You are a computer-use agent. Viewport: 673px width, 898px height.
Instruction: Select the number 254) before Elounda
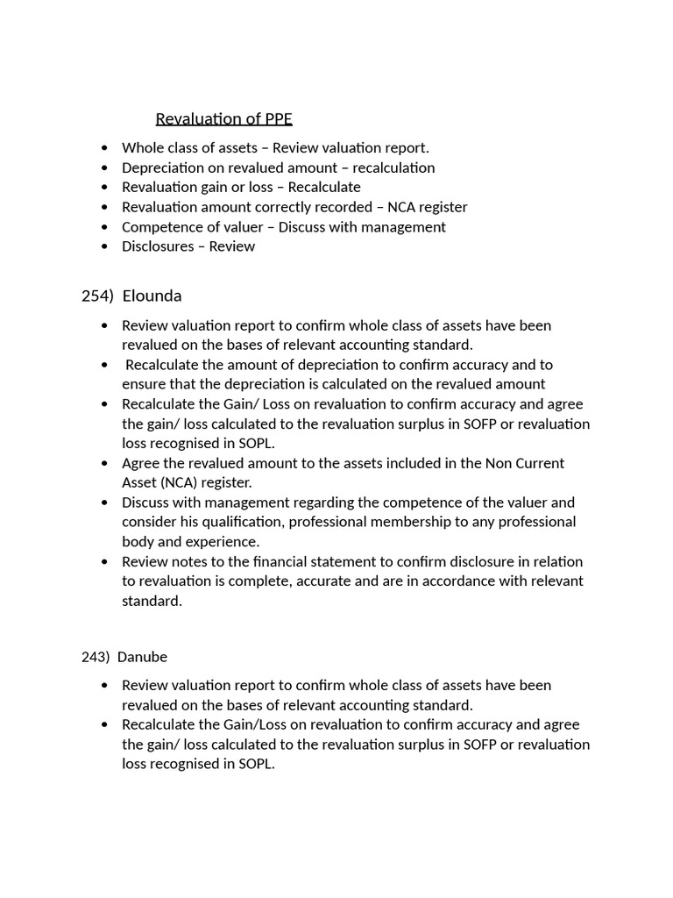coord(97,296)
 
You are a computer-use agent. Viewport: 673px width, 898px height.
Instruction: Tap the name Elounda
coord(152,296)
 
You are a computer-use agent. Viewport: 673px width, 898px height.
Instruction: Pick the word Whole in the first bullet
coord(141,148)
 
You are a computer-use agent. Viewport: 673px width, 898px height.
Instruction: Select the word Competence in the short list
coord(159,227)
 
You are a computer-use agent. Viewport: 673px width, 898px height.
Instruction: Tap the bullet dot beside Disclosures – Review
coord(106,246)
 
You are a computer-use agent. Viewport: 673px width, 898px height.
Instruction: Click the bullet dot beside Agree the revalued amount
coord(106,463)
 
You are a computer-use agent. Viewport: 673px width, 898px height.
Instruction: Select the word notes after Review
coord(190,561)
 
